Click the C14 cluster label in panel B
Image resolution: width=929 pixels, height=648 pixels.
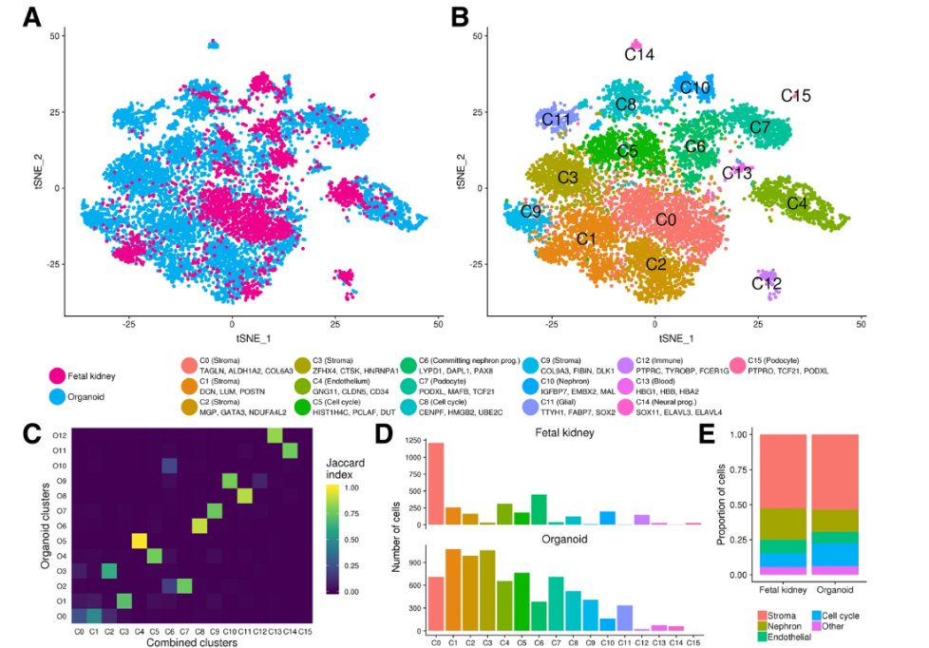click(639, 55)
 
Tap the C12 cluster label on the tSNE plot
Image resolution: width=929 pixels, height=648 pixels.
click(767, 283)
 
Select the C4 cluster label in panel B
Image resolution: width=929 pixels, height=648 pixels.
click(797, 202)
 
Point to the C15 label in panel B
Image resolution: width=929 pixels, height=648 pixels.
click(795, 96)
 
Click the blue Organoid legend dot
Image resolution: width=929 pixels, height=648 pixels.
click(59, 395)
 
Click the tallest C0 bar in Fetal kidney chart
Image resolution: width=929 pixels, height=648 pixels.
click(436, 484)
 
